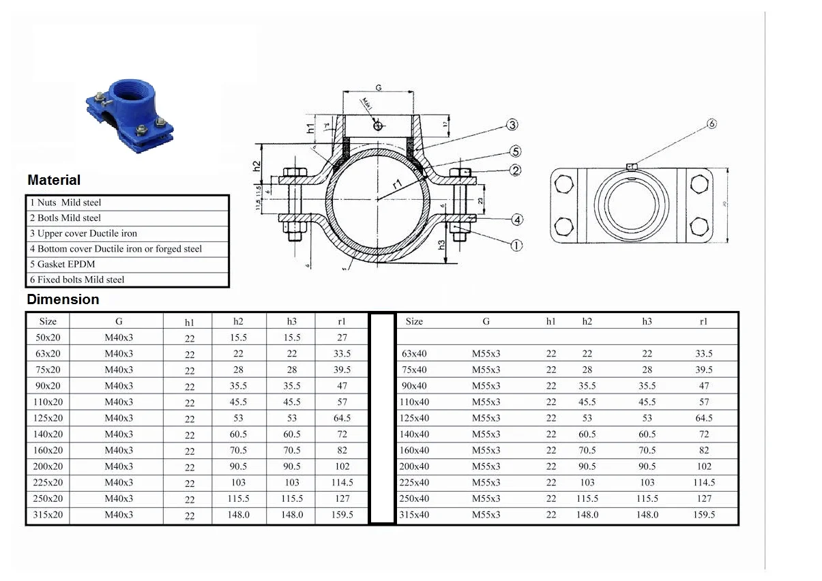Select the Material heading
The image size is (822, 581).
54,180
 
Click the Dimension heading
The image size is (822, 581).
63,299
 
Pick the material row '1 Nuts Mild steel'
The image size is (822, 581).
65,203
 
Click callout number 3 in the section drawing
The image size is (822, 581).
512,125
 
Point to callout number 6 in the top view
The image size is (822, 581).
711,124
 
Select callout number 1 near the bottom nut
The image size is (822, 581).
516,245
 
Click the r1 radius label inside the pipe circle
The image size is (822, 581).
397,184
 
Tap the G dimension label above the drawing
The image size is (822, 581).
378,87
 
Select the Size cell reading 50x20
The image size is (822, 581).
48,338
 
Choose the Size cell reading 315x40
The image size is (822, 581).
414,515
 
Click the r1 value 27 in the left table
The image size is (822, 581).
342,338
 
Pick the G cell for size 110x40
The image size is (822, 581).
486,402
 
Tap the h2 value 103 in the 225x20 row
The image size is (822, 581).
238,483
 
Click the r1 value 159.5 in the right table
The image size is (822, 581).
704,515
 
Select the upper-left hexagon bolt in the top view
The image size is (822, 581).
563,183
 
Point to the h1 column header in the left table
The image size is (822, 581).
189,322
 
